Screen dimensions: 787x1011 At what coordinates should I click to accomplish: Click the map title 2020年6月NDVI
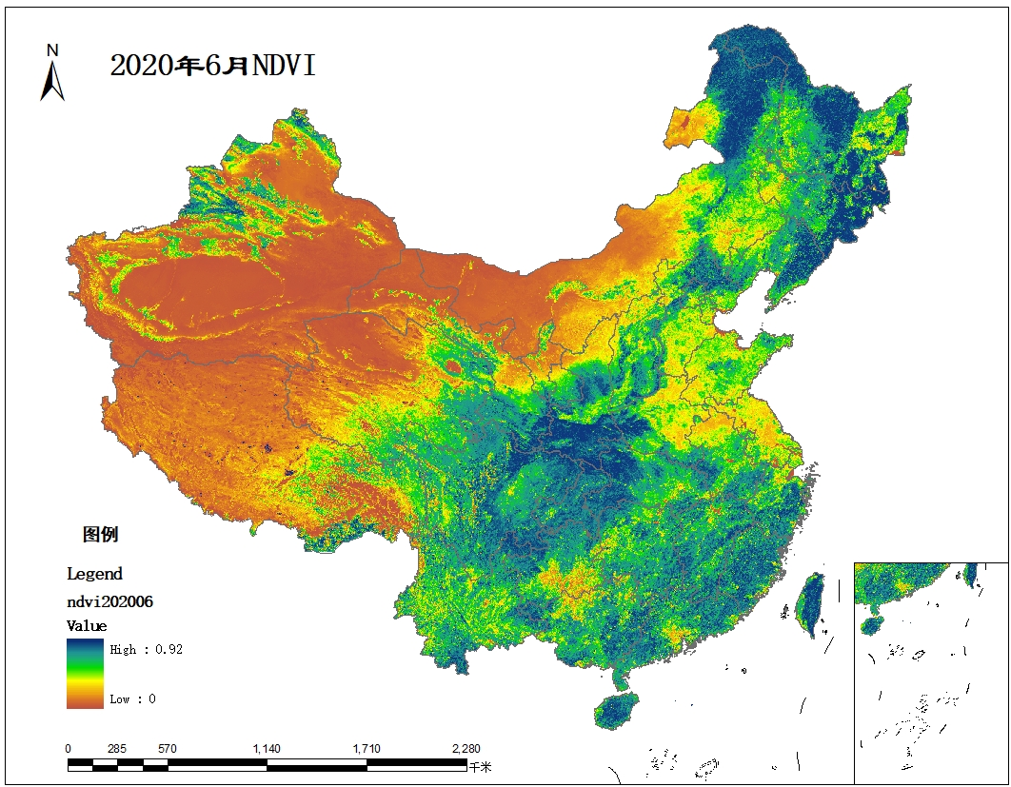click(212, 66)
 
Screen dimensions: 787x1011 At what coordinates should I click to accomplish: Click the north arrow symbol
click(52, 81)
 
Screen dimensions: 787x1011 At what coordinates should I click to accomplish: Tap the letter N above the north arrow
click(53, 50)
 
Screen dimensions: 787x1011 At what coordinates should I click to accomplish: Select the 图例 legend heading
click(100, 534)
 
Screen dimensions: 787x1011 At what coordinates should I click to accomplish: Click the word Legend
click(94, 574)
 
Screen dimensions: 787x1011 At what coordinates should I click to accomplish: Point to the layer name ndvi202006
click(109, 601)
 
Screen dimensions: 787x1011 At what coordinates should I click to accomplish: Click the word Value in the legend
click(87, 626)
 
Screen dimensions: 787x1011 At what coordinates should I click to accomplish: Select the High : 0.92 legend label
click(146, 650)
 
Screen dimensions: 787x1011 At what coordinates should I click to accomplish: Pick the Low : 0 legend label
click(132, 698)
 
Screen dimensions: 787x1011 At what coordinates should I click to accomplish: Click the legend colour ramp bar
click(85, 673)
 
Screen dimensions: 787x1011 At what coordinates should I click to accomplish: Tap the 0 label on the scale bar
click(68, 749)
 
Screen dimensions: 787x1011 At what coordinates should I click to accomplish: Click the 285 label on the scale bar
click(117, 749)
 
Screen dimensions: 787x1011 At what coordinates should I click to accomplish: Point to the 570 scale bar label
click(167, 749)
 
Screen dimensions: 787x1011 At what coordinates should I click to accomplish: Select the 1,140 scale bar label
click(267, 749)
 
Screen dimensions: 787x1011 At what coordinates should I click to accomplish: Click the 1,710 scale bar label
click(367, 749)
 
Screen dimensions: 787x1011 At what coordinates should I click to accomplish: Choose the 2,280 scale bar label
click(466, 749)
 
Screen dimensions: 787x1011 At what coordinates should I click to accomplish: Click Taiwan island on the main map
click(810, 603)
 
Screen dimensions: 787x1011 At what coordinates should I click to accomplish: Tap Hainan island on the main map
click(616, 710)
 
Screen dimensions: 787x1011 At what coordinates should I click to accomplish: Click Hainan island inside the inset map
click(872, 626)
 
